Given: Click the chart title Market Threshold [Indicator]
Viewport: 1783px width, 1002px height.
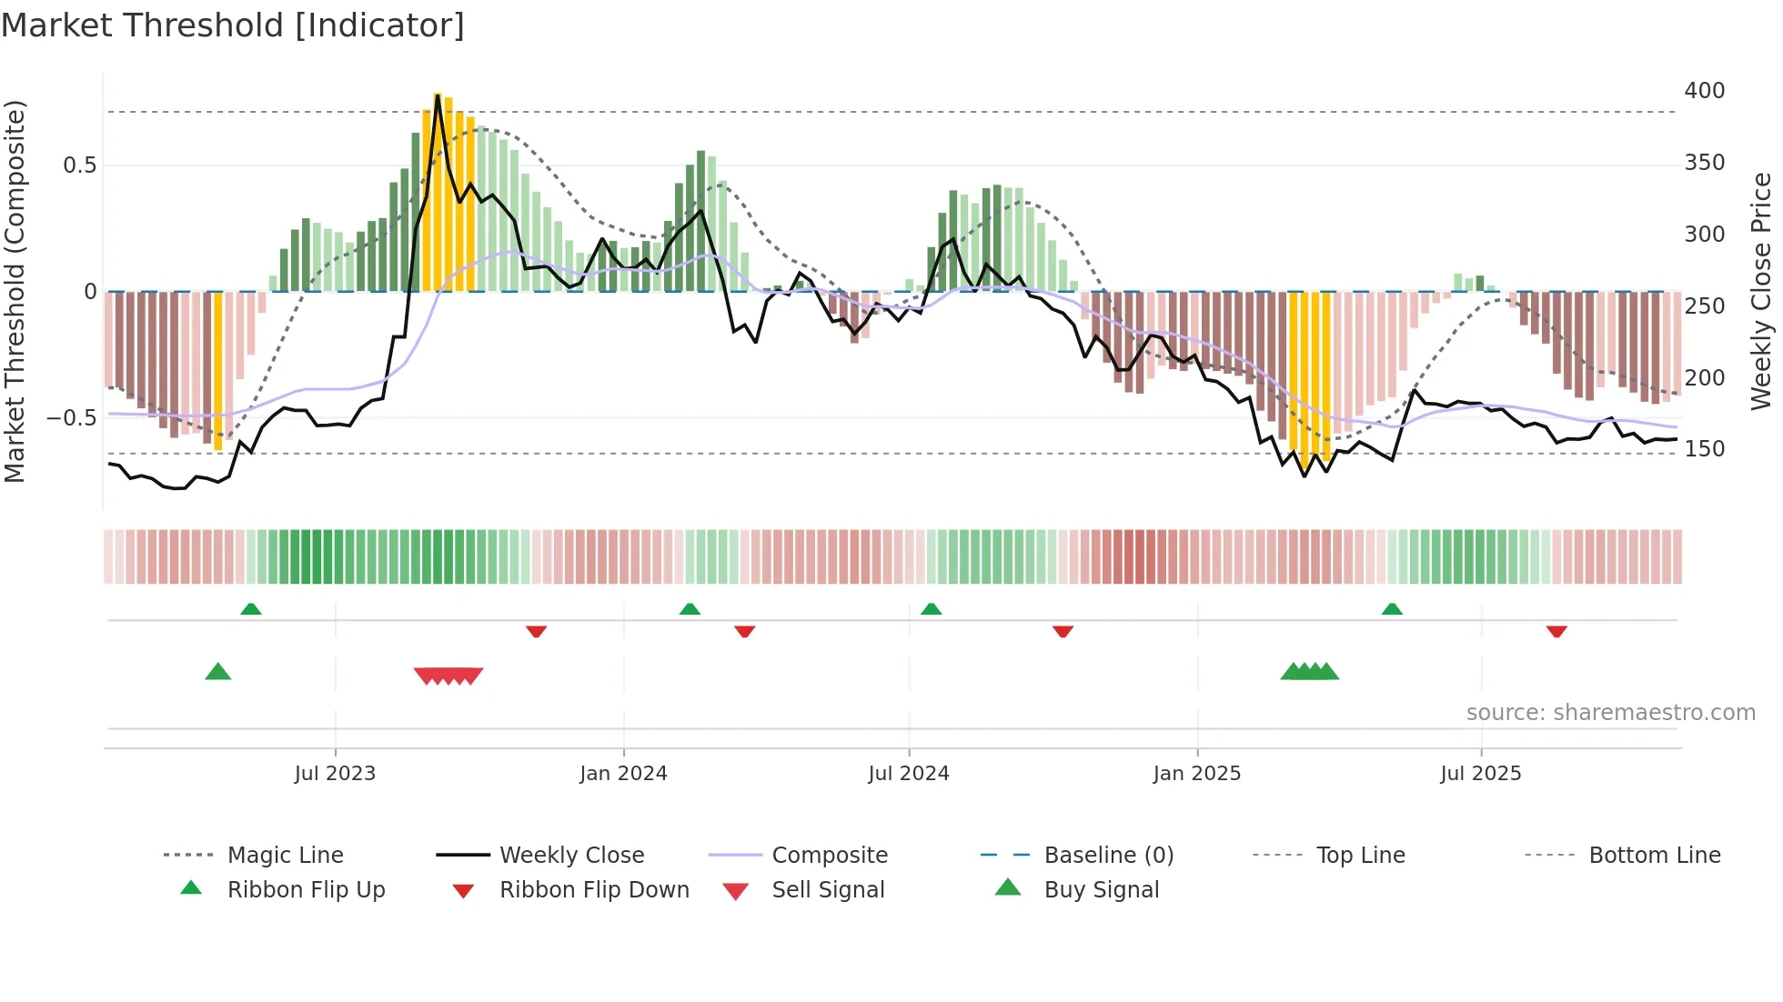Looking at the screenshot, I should pos(233,25).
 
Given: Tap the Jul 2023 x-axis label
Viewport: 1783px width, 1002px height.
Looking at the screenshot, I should pos(335,774).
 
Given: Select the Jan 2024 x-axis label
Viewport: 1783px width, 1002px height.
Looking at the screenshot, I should pos(623,774).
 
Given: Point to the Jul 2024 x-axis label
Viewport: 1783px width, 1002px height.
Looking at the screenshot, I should pos(908,774).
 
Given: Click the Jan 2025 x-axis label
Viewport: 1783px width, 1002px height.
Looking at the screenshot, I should pos(1196,774).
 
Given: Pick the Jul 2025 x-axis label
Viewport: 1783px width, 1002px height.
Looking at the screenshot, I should pos(1480,774).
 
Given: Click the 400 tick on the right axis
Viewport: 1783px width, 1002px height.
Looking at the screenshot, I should pos(1704,91).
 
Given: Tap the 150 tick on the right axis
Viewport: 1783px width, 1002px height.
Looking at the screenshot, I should pos(1704,449).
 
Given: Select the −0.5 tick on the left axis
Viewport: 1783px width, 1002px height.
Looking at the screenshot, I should pos(71,418).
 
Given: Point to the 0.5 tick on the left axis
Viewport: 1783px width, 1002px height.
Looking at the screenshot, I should pos(79,165).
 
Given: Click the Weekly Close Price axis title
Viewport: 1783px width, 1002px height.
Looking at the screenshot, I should pos(1761,291).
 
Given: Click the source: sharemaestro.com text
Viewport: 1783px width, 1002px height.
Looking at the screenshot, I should pos(1610,713).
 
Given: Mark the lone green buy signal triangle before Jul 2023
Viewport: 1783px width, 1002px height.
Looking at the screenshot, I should pos(218,672).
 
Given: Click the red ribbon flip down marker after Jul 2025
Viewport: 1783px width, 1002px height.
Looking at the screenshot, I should pos(1556,631).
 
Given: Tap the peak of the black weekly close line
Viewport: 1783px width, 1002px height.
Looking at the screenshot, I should pos(438,95).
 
